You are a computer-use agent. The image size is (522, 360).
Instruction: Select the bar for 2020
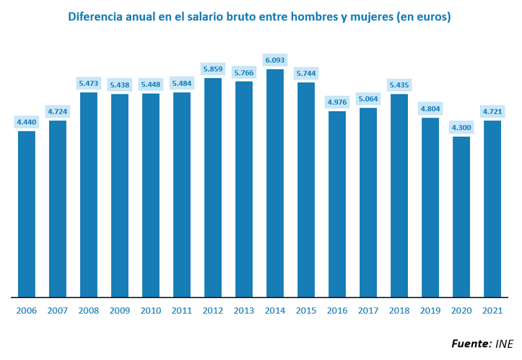(x=461, y=216)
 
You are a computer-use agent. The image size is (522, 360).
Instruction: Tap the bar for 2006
(x=27, y=214)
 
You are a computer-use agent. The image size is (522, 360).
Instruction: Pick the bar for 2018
(x=399, y=195)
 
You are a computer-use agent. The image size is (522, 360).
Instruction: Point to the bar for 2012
(x=213, y=187)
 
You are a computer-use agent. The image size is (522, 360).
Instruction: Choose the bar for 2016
(x=337, y=203)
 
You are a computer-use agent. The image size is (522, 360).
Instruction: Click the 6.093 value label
(x=275, y=60)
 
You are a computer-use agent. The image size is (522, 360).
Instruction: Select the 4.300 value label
(x=461, y=128)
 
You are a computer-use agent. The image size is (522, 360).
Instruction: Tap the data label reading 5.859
(x=213, y=69)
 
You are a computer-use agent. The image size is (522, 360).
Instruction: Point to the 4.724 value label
(x=58, y=111)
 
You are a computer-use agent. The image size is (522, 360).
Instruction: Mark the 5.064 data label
(x=368, y=99)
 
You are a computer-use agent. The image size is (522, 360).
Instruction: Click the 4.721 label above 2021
(x=492, y=111)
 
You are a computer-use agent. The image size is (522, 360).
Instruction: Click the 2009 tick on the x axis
(x=120, y=310)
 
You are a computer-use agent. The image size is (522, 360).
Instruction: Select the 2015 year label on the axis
(x=306, y=310)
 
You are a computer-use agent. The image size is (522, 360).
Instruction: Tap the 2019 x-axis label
(x=430, y=310)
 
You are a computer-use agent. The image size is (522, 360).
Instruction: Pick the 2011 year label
(x=182, y=310)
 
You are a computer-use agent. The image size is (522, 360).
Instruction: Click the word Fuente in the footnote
(x=471, y=343)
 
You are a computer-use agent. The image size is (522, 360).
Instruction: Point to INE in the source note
(x=505, y=343)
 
